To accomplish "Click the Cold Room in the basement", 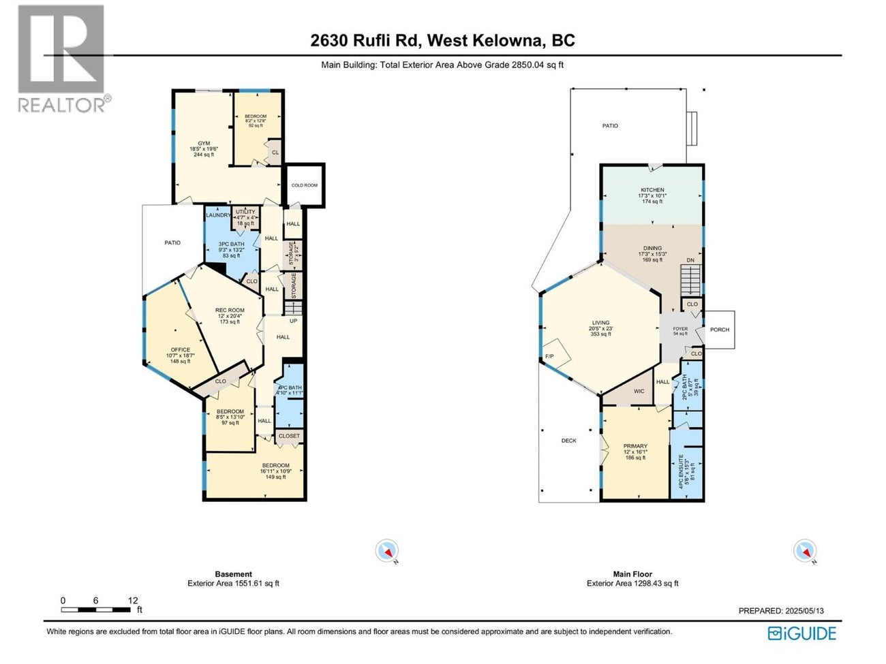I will pos(304,185).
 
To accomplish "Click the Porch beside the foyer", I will pos(719,330).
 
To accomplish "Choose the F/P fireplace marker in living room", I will pos(549,356).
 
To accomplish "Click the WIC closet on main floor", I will pos(639,392).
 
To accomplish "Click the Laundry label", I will pos(218,215).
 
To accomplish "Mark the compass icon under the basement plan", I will pos(387,550).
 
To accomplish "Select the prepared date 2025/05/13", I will pos(781,611).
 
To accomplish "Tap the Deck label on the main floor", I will pos(568,441).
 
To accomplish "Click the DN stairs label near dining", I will pos(690,261).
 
